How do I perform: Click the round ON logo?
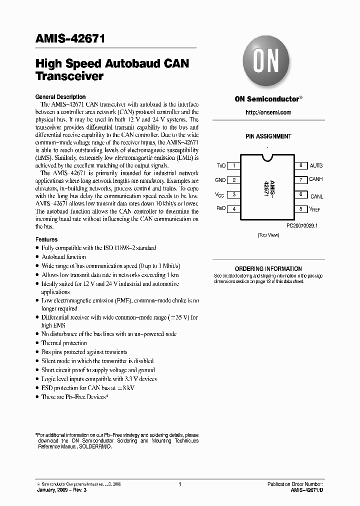267,63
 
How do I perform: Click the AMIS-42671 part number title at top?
70,40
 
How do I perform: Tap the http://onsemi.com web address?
268,112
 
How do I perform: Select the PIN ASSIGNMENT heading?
268,136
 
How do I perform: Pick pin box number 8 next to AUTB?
300,165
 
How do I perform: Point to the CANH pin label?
316,179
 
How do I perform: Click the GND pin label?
220,180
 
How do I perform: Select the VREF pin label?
315,209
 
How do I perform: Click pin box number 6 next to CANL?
300,194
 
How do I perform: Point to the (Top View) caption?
268,234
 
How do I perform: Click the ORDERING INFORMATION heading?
268,269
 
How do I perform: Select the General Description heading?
60,97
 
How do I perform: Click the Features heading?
46,239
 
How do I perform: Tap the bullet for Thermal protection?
38,343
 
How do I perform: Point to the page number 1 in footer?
179,484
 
